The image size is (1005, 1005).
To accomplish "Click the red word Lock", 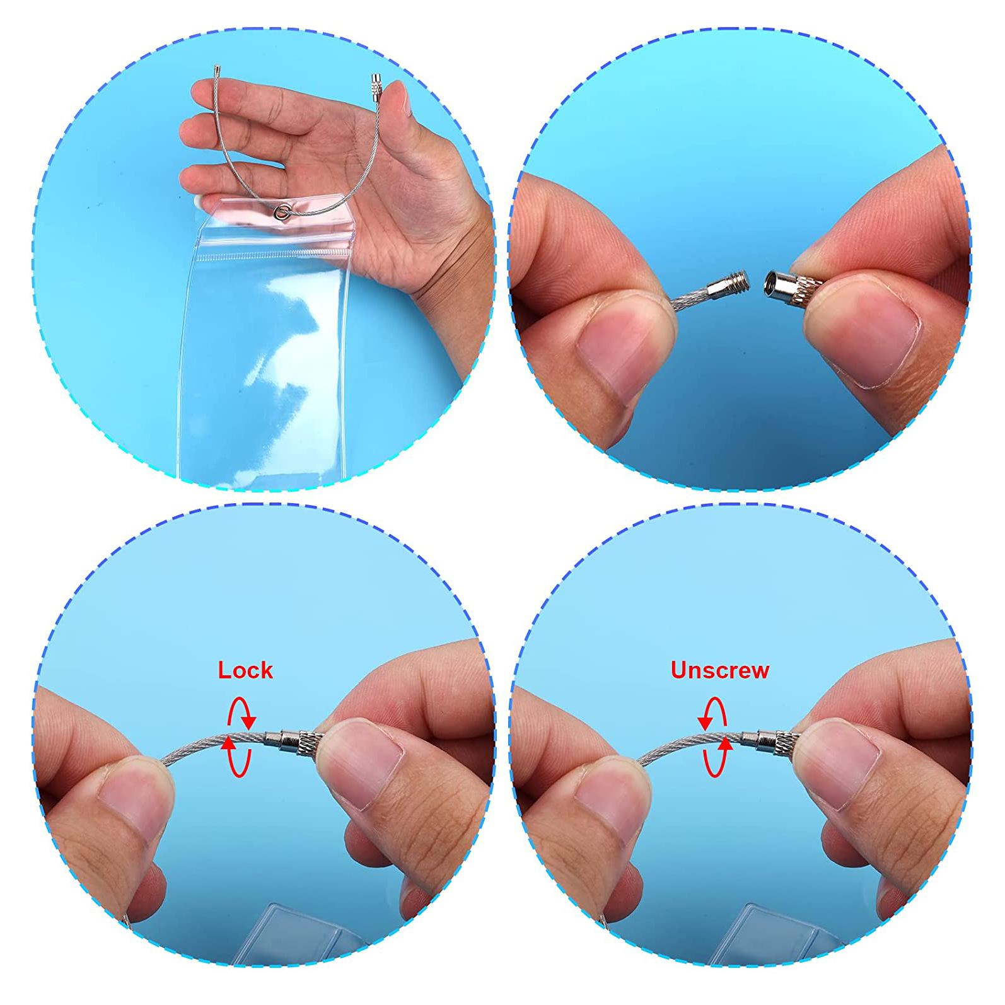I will tap(245, 670).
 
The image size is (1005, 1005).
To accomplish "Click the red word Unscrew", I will tap(719, 670).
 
